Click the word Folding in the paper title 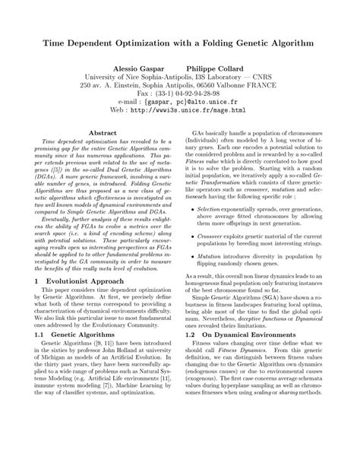click(x=224, y=45)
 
